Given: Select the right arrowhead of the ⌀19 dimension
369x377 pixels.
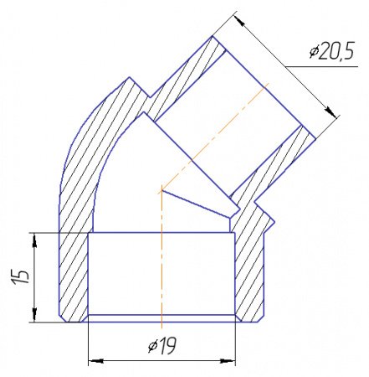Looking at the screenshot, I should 229,361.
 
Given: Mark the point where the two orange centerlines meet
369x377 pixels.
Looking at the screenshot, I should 160,192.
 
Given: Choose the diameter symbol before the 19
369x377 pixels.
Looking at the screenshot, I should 151,344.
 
